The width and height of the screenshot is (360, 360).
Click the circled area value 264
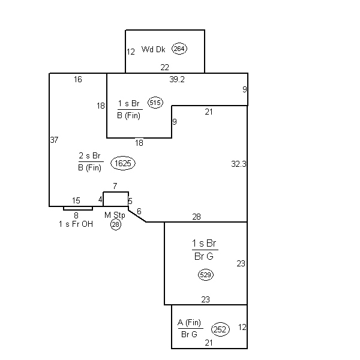coord(179,49)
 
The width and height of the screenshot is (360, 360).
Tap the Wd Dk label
coord(153,49)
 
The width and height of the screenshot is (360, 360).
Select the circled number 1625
coord(123,163)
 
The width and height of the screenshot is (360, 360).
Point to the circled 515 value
coord(155,103)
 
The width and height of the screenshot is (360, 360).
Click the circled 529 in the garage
coord(206,275)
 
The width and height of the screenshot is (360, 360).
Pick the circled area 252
coord(220,329)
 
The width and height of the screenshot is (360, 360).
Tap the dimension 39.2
coord(177,79)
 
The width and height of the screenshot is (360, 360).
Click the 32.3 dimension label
coord(239,164)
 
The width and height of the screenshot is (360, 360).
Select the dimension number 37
coord(54,140)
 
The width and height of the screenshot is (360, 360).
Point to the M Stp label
coord(115,215)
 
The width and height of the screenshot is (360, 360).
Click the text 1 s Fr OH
coord(76,224)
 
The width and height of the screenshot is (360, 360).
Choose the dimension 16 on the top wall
coord(78,79)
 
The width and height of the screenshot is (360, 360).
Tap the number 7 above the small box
coord(115,186)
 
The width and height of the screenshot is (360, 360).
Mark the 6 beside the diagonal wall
coord(139,211)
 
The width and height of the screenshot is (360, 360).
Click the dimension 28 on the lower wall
coord(197,217)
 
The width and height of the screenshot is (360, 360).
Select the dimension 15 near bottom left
coord(76,200)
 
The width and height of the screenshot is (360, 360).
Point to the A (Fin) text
coord(190,323)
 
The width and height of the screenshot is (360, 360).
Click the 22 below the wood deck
coord(165,67)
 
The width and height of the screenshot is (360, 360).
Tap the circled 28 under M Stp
coord(116,224)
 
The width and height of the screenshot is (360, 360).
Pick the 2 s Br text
coord(90,155)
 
